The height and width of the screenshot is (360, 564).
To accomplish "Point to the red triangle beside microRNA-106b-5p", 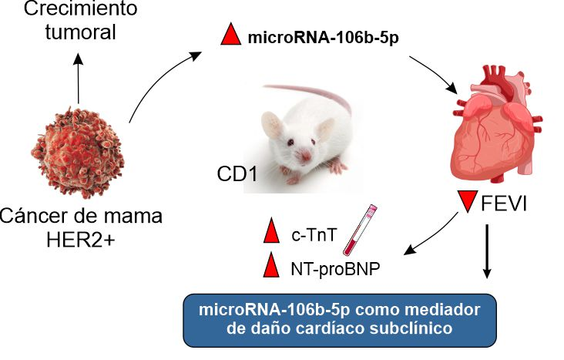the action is (x=230, y=35).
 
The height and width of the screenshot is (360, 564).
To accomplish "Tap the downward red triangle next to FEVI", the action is (x=466, y=203).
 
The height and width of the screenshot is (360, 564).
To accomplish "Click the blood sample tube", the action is (x=358, y=230).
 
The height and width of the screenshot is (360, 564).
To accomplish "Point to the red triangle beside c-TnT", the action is (x=270, y=232).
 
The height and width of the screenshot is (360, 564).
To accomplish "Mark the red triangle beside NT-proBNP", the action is (x=270, y=267).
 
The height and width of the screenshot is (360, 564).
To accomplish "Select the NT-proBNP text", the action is (x=329, y=267).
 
